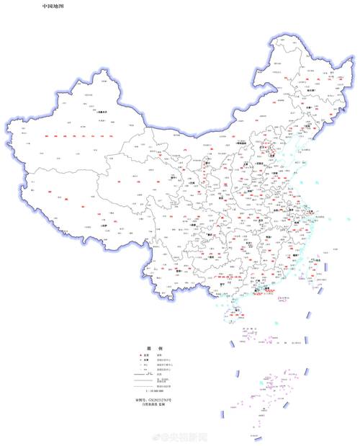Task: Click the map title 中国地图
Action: pyautogui.click(x=53, y=6)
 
